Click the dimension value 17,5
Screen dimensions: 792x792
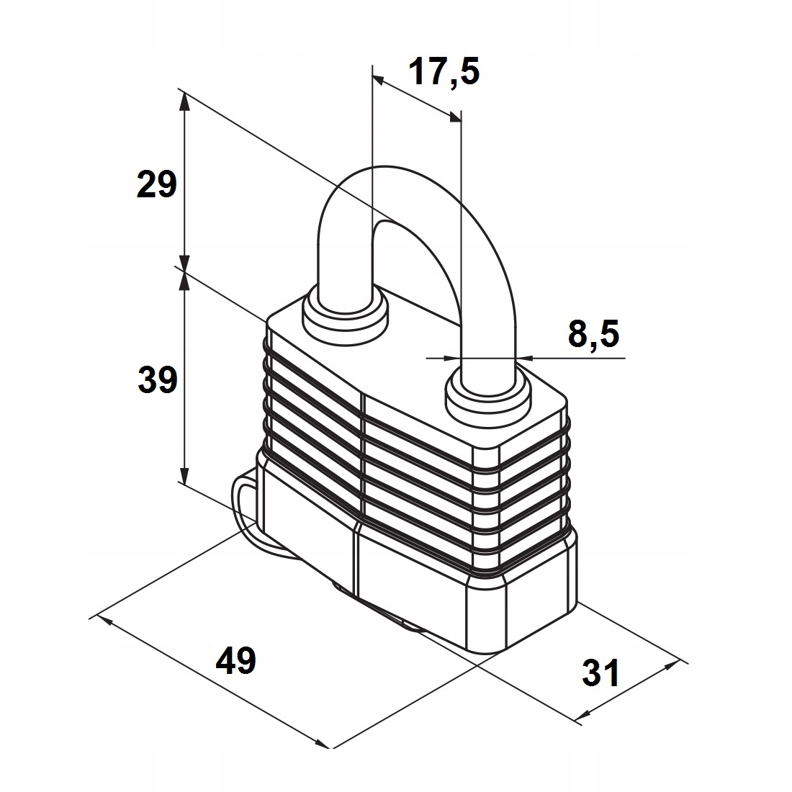point(444,72)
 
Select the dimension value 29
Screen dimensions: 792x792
point(156,185)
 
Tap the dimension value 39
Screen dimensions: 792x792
point(157,379)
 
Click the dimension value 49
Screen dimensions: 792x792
point(236,660)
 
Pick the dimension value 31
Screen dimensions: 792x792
point(600,674)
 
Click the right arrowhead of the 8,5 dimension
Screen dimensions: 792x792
point(523,356)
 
